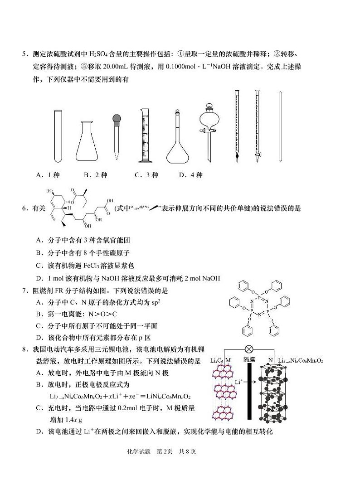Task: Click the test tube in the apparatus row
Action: click(57, 136)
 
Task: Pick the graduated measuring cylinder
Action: click(146, 136)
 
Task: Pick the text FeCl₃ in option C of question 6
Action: click(94, 266)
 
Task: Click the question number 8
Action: click(25, 349)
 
